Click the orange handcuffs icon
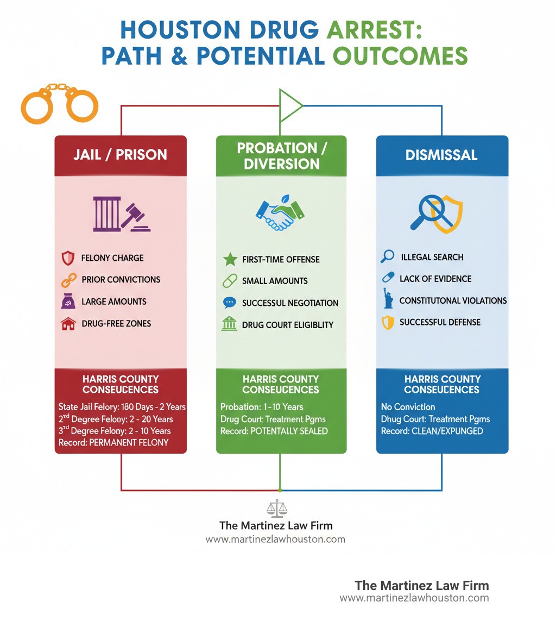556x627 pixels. [x=60, y=102]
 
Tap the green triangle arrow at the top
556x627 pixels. [x=289, y=105]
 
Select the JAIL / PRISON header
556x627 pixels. [x=120, y=155]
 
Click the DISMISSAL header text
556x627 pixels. [x=441, y=155]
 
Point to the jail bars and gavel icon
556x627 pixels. [x=121, y=214]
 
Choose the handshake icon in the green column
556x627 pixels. [x=281, y=215]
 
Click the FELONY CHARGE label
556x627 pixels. [x=112, y=258]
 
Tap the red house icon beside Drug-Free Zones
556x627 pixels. [x=68, y=324]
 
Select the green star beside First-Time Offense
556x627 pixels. [x=230, y=259]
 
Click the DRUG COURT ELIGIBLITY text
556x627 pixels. [x=288, y=325]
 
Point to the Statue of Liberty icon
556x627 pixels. [x=388, y=299]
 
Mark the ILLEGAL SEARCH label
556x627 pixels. [x=432, y=257]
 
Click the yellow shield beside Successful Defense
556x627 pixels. [x=387, y=323]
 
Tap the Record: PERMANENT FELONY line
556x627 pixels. [x=113, y=443]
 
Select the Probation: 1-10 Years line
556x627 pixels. [x=262, y=407]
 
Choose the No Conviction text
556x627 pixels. [x=407, y=407]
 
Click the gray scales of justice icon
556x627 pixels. [x=277, y=509]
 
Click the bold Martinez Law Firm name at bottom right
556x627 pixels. [x=421, y=586]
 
